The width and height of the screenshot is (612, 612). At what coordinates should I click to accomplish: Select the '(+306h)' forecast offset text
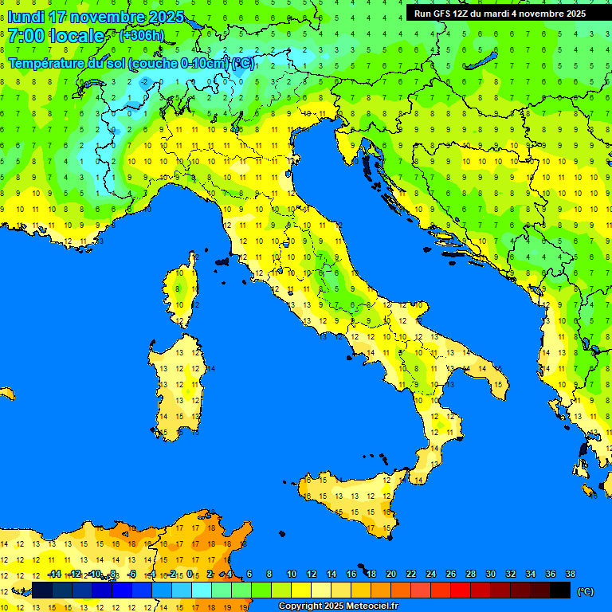141,36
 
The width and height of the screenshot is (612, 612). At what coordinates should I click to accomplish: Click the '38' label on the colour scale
570,574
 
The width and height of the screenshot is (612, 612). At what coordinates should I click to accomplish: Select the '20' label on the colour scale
390,574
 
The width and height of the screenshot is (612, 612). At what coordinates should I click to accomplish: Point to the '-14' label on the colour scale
54,574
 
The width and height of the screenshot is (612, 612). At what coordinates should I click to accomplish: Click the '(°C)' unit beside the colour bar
585,591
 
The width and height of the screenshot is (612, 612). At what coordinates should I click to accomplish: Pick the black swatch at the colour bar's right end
560,590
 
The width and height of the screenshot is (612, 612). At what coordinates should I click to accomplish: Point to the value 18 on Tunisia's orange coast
211,528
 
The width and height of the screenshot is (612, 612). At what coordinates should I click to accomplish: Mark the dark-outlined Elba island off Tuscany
222,261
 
